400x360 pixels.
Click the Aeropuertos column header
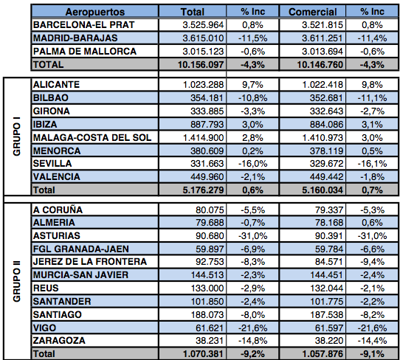pos(95,12)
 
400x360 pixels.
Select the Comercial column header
pos(312,12)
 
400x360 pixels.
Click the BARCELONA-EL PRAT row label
pos(83,25)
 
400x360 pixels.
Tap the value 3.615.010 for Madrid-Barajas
pos(203,38)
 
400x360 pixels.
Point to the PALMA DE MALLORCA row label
pos(85,51)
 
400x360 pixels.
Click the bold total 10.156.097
pos(201,64)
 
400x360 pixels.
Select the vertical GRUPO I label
pos(17,136)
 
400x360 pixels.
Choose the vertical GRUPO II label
pos(17,281)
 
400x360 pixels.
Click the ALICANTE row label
pos(56,84)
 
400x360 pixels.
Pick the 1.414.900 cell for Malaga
pos(203,138)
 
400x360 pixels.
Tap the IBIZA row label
pos(45,125)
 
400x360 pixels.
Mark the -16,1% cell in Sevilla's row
pos(372,164)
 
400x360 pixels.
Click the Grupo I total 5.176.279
pos(203,190)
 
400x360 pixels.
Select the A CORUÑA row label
pos(58,210)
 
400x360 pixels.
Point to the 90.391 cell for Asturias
pos(329,235)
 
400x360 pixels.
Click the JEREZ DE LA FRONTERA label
pos(90,262)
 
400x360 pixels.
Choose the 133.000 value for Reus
pos(207,288)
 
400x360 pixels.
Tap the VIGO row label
pos(44,328)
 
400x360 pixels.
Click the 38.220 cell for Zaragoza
pos(329,341)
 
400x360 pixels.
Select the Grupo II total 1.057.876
pos(323,354)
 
